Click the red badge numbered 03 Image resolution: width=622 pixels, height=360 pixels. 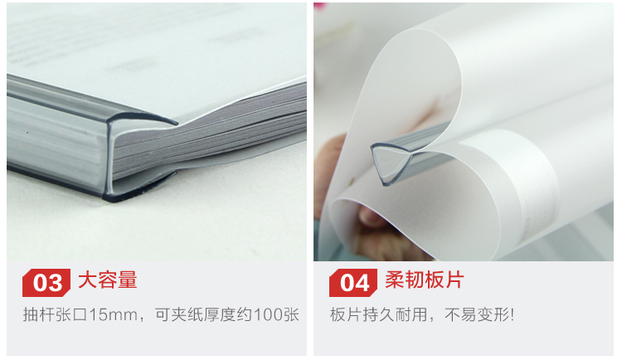click(46, 283)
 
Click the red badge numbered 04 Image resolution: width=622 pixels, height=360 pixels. click(353, 283)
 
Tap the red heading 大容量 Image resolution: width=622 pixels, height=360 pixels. click(108, 280)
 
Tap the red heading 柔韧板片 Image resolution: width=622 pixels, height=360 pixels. click(424, 280)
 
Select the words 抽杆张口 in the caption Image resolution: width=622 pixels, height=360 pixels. click(55, 314)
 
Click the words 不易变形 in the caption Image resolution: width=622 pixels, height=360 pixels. click(476, 314)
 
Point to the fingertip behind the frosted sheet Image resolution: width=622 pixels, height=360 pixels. click(372, 217)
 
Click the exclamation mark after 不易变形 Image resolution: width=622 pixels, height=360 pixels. click(513, 314)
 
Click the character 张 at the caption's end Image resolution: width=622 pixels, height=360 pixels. click(291, 314)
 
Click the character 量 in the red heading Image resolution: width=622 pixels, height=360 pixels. click(128, 280)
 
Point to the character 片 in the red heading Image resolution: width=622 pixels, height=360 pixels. click(454, 280)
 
